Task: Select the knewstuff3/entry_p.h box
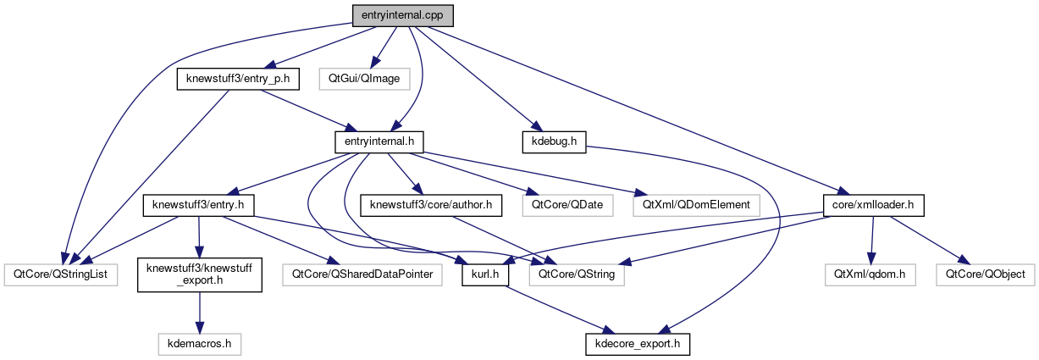coord(234,80)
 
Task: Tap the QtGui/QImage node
coord(364,80)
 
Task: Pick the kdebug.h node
coord(555,141)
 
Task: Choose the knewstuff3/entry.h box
coord(198,204)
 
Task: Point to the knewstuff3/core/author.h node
coord(432,204)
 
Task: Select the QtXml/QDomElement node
coord(696,204)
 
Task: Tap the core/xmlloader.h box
coord(873,204)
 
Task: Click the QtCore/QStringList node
coord(60,274)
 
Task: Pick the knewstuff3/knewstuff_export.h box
coord(199,274)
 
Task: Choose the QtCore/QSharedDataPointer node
coord(363,274)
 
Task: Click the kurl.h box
coord(484,274)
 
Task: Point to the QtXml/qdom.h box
coord(870,274)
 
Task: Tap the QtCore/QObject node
coord(985,274)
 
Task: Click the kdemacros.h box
coord(200,344)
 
